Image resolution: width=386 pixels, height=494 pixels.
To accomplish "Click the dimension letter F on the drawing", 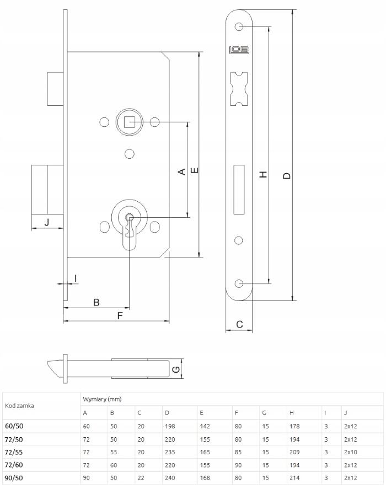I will pyautogui.click(x=120, y=315).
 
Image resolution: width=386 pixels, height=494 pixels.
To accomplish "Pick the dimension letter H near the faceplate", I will pyautogui.click(x=264, y=174).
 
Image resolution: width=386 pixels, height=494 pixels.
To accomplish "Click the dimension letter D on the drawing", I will pyautogui.click(x=286, y=175).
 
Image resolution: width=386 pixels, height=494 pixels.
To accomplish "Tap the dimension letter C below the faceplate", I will pyautogui.click(x=239, y=324).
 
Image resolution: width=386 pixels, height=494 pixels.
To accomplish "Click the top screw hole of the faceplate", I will pyautogui.click(x=239, y=27).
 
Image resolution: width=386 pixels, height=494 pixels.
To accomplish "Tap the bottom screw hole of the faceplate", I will pyautogui.click(x=239, y=283).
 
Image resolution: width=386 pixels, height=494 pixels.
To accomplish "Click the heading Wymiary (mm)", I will pyautogui.click(x=101, y=399).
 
